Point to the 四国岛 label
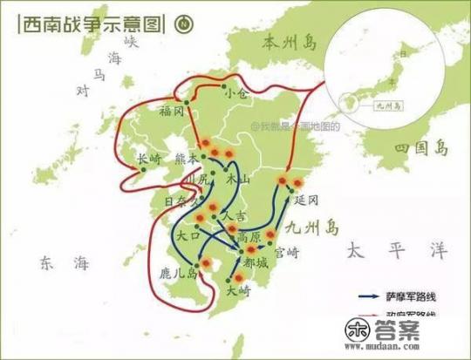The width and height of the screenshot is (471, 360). (x=417, y=144)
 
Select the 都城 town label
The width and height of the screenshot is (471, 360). (x=256, y=262)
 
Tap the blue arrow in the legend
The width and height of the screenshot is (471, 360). (x=366, y=296)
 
